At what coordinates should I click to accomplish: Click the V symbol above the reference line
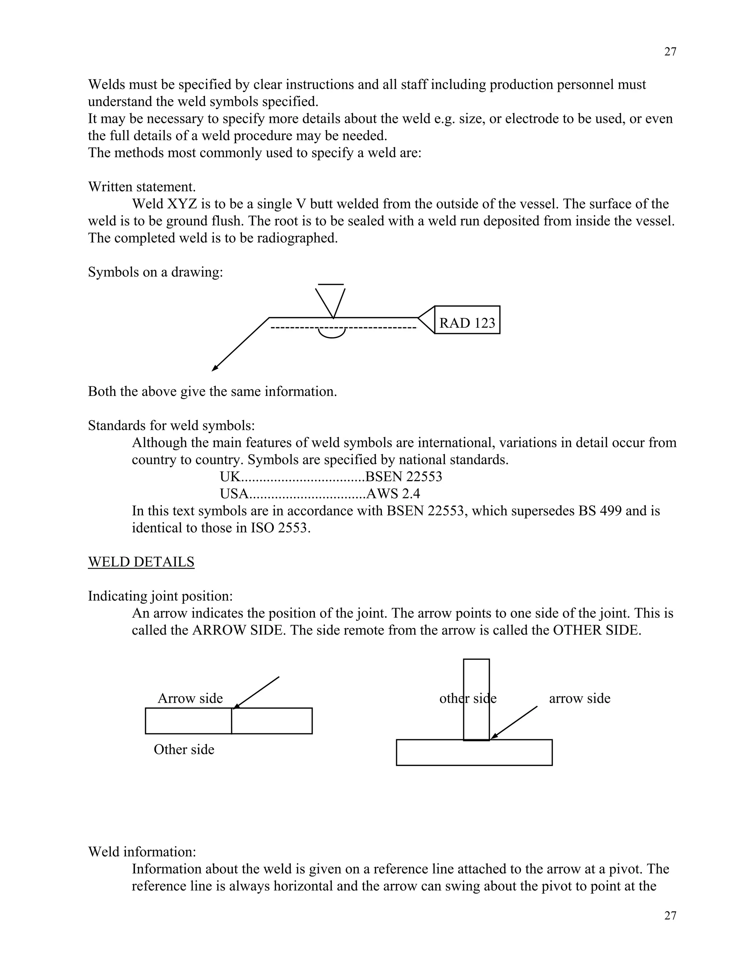pyautogui.click(x=330, y=302)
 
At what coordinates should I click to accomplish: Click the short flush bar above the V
pyautogui.click(x=330, y=284)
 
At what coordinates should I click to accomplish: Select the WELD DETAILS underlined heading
pyautogui.click(x=141, y=562)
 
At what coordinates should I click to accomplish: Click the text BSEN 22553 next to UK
pyautogui.click(x=404, y=477)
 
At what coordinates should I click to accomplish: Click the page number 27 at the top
pyautogui.click(x=670, y=52)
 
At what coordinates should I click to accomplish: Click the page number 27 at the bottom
pyautogui.click(x=670, y=916)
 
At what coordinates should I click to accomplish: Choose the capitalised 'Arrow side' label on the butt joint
pyautogui.click(x=190, y=698)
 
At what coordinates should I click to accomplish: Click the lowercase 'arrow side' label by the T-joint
pyautogui.click(x=580, y=698)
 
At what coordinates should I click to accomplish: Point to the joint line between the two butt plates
pyautogui.click(x=232, y=721)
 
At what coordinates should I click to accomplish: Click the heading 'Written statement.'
pyautogui.click(x=142, y=187)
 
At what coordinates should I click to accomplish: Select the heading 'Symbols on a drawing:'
pyautogui.click(x=155, y=272)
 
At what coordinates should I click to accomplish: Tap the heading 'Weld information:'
pyautogui.click(x=142, y=852)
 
